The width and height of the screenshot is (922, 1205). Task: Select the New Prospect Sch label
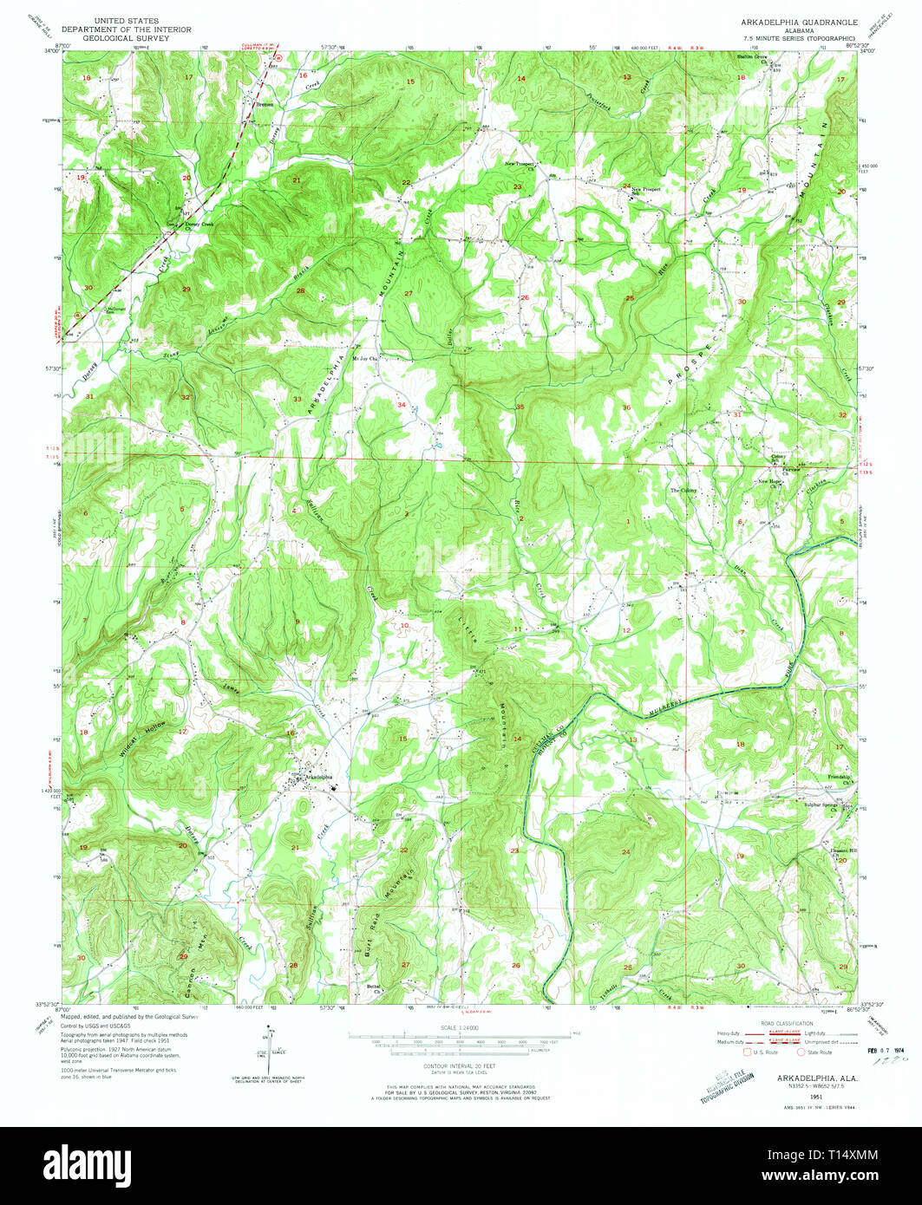[647, 190]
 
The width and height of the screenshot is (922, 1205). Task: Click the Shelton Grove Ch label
[751, 57]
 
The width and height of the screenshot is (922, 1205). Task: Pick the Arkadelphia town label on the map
[313, 778]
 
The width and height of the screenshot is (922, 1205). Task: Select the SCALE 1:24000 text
[461, 1027]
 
